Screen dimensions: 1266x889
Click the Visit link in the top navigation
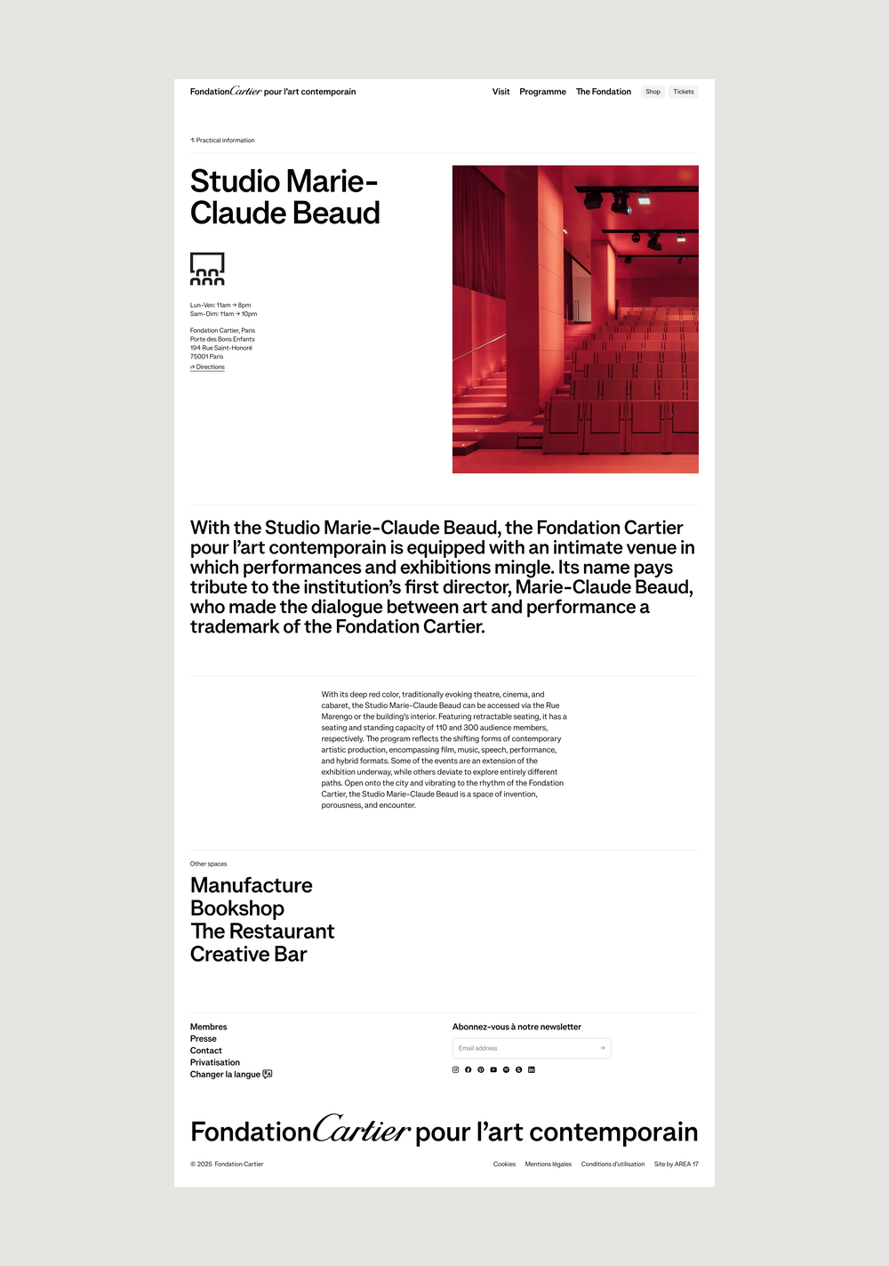(501, 92)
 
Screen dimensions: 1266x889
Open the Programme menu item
(542, 92)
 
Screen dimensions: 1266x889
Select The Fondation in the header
(603, 92)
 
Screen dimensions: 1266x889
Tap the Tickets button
(683, 92)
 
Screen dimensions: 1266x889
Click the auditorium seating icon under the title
(207, 269)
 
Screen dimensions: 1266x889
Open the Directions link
(208, 367)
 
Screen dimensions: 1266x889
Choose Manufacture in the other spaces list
(251, 885)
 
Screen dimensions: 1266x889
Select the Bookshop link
(236, 908)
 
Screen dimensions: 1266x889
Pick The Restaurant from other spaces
(262, 931)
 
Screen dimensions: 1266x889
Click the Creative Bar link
(248, 955)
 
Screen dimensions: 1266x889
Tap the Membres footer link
(208, 1027)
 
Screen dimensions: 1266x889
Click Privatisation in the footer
(214, 1062)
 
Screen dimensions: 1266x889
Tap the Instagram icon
(456, 1069)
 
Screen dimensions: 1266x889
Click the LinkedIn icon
(532, 1069)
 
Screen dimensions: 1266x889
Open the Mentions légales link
(548, 1164)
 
